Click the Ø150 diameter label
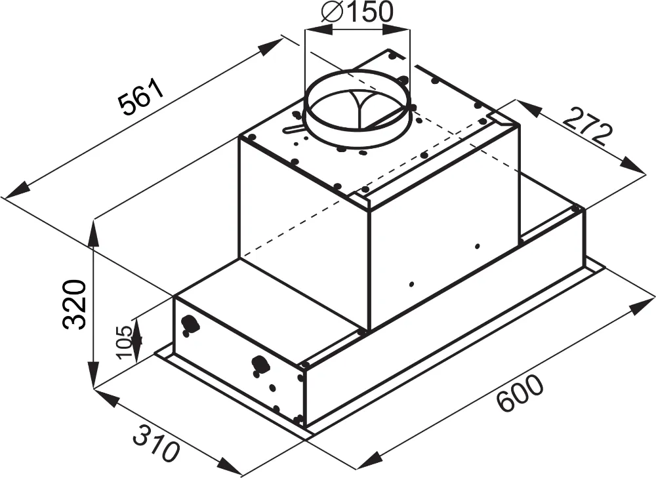tap(358, 13)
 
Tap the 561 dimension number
tap(140, 98)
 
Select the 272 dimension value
tap(583, 126)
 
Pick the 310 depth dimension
tap(157, 443)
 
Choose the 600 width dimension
tap(520, 394)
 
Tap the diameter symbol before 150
tap(333, 13)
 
